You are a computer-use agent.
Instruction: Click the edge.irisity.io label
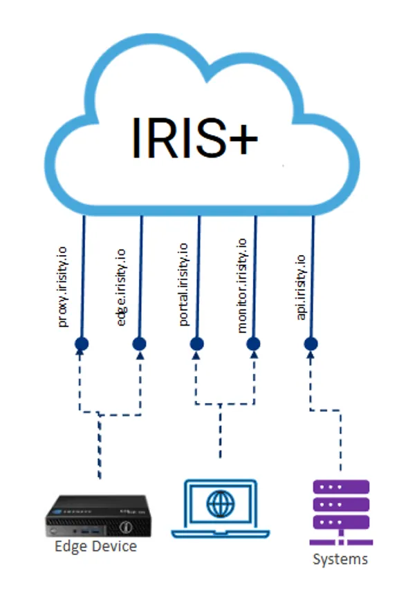coord(122,288)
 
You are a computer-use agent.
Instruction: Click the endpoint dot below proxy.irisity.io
coord(82,343)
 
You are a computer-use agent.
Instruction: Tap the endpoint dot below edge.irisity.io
coord(139,343)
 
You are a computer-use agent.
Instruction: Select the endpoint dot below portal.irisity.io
coord(196,343)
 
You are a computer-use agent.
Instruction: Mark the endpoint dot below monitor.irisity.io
coord(254,343)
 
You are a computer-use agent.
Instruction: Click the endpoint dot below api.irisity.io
coord(311,343)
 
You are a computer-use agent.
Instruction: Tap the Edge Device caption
coord(95,547)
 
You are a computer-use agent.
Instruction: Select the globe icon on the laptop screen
coord(221,504)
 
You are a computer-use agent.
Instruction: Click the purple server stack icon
coord(340,513)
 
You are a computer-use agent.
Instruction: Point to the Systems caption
coord(340,558)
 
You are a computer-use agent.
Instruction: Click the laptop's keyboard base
coord(221,534)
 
